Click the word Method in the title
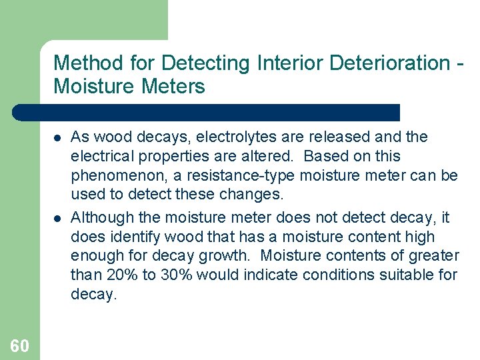click(x=85, y=64)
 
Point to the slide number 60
click(x=19, y=345)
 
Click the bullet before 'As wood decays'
click(x=57, y=138)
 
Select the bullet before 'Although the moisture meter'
click(x=57, y=218)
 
